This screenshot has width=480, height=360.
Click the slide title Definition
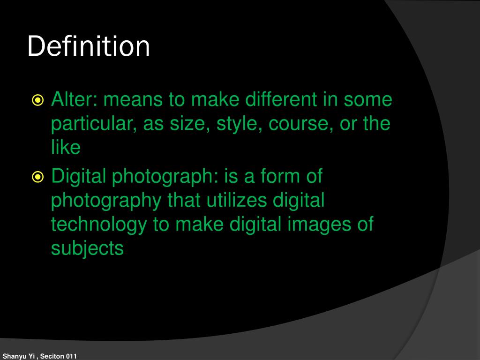(x=89, y=47)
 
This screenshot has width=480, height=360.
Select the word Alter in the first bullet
(x=69, y=99)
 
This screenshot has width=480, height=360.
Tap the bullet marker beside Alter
(x=38, y=100)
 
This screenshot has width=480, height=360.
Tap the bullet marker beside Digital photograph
(x=38, y=177)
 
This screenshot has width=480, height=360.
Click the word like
(x=66, y=148)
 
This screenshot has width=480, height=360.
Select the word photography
(x=106, y=201)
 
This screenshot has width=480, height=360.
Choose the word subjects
(x=87, y=248)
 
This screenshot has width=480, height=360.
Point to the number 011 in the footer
(x=71, y=356)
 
